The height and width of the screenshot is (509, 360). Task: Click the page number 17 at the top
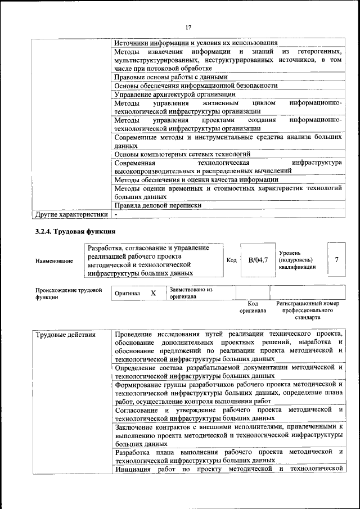(188, 26)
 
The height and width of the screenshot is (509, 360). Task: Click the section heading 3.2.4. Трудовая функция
(76, 232)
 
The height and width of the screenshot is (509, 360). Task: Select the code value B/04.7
(258, 260)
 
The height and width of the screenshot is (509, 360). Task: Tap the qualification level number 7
(336, 259)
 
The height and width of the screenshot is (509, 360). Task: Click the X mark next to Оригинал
(153, 293)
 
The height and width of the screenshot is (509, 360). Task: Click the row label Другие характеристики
(71, 214)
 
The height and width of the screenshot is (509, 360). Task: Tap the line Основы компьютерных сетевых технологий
(182, 154)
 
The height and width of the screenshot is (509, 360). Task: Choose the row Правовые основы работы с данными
(170, 77)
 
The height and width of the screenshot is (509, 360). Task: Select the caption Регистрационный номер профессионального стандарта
(307, 310)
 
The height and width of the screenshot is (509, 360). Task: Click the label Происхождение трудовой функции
(69, 294)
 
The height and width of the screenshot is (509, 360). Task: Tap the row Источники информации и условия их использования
(196, 43)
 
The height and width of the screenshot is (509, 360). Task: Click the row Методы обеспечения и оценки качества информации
(188, 180)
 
